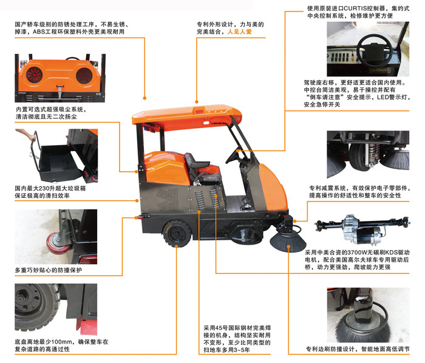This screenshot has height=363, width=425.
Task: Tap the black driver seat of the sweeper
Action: tap(197, 161)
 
